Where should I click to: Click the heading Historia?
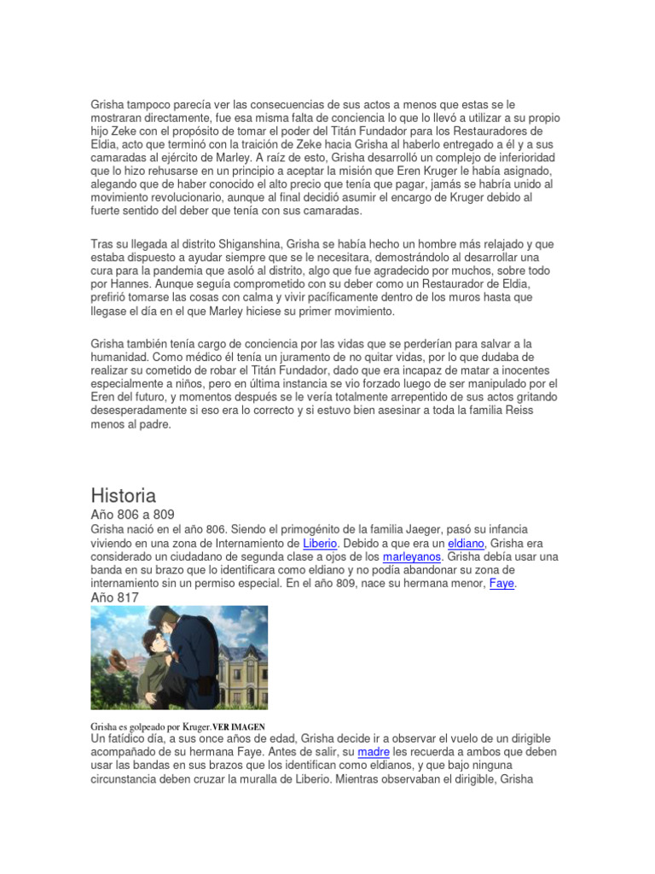124,495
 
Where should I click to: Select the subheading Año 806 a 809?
132,515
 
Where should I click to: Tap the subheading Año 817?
114,597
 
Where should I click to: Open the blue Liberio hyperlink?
321,543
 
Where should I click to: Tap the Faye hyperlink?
501,584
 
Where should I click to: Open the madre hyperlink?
374,752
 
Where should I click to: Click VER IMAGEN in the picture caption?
239,726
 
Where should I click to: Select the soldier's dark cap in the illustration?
167,615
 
